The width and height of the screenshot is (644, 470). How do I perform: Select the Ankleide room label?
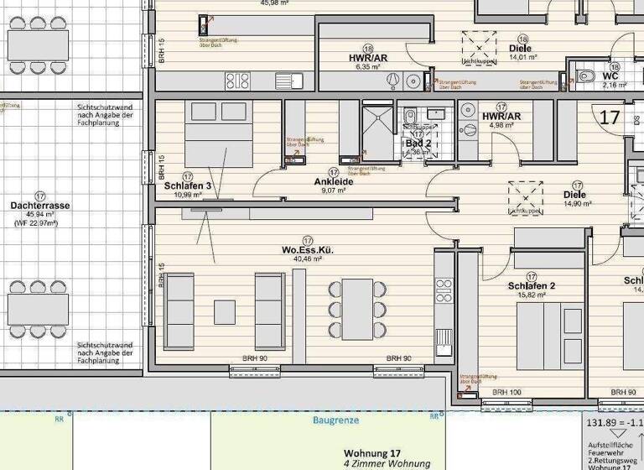[333, 181]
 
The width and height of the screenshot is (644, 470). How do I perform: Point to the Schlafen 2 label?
[532, 285]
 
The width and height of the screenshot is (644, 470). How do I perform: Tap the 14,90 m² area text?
[578, 204]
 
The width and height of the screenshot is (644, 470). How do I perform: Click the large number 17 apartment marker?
[610, 117]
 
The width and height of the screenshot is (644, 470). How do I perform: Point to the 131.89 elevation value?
[602, 423]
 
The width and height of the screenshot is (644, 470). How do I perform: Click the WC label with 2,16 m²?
[610, 76]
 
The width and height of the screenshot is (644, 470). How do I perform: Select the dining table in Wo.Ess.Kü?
[357, 304]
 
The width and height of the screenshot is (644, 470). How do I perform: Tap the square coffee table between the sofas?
[225, 311]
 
